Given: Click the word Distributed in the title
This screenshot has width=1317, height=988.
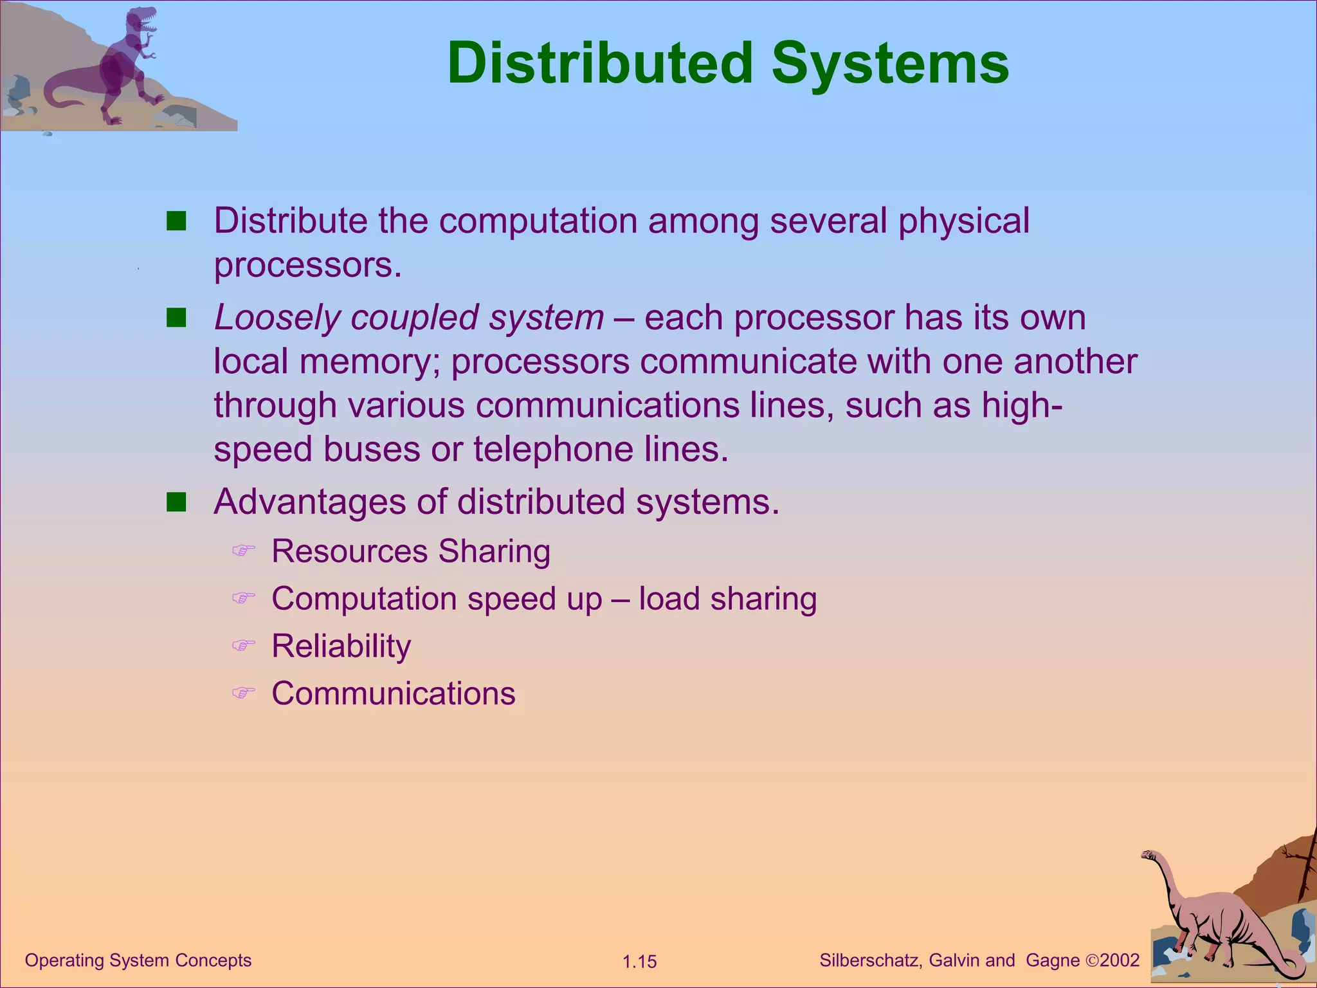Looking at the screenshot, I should pyautogui.click(x=599, y=63).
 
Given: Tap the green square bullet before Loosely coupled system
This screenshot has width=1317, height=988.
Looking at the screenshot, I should pyautogui.click(x=176, y=318).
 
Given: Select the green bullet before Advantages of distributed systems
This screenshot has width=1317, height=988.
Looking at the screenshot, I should pyautogui.click(x=176, y=502).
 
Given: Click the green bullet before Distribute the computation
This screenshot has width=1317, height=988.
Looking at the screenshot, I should pyautogui.click(x=176, y=221).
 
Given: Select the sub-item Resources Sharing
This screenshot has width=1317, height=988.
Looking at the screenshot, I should pyautogui.click(x=410, y=551).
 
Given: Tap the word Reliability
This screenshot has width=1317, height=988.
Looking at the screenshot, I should pyautogui.click(x=341, y=646).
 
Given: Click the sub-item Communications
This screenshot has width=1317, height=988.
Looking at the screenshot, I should pyautogui.click(x=393, y=693).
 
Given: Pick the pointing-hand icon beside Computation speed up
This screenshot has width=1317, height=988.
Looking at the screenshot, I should pyautogui.click(x=243, y=598).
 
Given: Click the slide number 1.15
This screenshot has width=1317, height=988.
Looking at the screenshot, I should pyautogui.click(x=639, y=962).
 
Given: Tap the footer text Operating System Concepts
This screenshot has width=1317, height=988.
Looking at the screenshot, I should pyautogui.click(x=138, y=960).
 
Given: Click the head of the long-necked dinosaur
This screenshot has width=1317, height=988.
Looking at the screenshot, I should pyautogui.click(x=1148, y=855).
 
